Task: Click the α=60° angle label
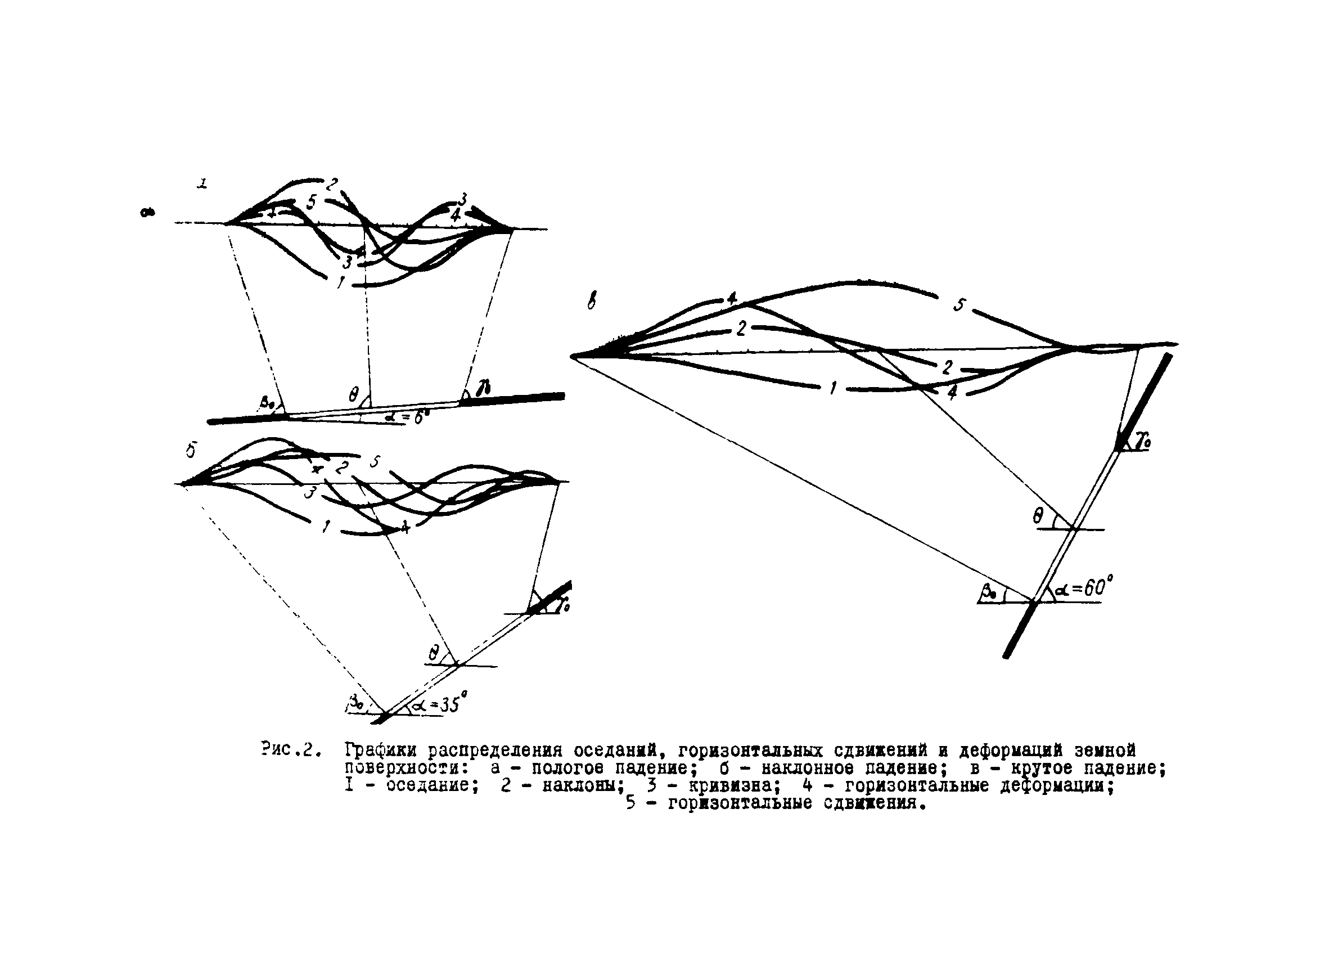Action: click(1084, 588)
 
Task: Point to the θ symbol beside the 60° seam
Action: click(1038, 516)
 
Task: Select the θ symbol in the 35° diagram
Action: click(434, 653)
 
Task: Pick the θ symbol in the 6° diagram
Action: click(353, 396)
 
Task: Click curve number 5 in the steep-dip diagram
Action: click(959, 305)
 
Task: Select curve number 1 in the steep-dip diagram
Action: click(832, 388)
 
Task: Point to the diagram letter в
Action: click(592, 302)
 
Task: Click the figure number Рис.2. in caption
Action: click(291, 749)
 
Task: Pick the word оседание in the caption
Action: click(429, 785)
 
